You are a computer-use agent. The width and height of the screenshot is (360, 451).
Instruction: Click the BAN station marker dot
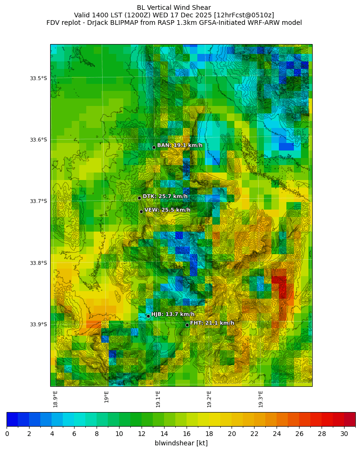click(154, 147)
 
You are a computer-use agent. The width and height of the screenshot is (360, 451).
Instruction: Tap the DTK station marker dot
click(139, 198)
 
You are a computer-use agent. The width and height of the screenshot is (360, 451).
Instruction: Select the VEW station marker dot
click(141, 211)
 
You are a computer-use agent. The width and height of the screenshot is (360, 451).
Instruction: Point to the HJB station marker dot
click(148, 316)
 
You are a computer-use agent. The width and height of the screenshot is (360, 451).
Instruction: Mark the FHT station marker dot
click(187, 325)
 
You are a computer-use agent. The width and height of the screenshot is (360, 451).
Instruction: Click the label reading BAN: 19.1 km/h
click(180, 145)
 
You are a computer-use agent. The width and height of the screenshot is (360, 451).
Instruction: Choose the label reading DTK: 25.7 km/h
click(165, 196)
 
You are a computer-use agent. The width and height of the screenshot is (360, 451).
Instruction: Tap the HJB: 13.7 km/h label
click(172, 314)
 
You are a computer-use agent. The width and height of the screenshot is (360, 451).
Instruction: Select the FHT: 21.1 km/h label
click(212, 323)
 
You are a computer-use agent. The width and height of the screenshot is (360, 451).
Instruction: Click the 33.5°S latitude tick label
click(38, 78)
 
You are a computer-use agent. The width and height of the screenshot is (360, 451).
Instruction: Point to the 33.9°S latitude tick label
click(38, 324)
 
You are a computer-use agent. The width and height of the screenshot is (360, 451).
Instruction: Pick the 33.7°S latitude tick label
click(38, 201)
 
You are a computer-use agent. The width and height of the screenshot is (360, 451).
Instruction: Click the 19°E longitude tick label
click(107, 397)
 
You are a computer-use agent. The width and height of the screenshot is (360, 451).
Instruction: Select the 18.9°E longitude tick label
click(55, 398)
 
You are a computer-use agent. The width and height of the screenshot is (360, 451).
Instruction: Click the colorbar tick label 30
click(344, 434)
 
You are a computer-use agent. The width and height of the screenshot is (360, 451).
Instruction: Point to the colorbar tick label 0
click(7, 434)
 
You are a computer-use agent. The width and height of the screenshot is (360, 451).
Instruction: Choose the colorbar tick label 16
click(187, 434)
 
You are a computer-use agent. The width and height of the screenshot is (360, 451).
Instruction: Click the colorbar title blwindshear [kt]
click(181, 443)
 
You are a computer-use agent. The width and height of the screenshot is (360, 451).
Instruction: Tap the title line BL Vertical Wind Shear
click(174, 8)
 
